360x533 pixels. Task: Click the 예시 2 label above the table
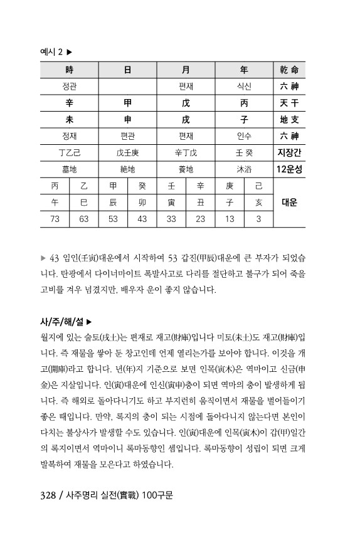[x=51, y=52]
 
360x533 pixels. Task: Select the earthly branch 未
[x=70, y=119]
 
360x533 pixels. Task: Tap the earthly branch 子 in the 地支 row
[x=243, y=119]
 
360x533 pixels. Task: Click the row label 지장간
[x=289, y=152]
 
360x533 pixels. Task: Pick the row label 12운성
[x=289, y=169]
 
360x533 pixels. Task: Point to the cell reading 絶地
[x=127, y=169]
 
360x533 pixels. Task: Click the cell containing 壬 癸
[x=243, y=152]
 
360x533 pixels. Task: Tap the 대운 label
[x=289, y=203]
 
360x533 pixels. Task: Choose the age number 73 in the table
[x=55, y=219]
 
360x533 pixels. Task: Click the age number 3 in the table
[x=258, y=219]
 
